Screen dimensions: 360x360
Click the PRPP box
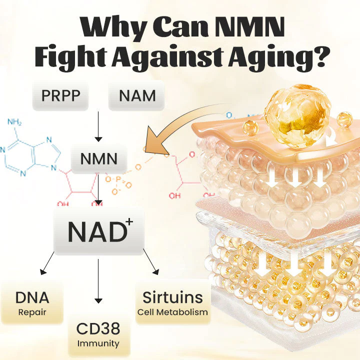60,95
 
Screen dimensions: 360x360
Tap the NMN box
98,159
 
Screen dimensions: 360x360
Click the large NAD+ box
98,231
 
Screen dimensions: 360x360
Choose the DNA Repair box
32,302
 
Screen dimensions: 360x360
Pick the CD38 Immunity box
98,334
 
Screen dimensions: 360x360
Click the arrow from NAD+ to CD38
98,280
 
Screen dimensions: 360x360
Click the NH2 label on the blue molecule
15,122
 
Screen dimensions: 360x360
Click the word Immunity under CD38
98,343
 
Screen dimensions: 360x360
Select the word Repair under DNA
32,312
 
